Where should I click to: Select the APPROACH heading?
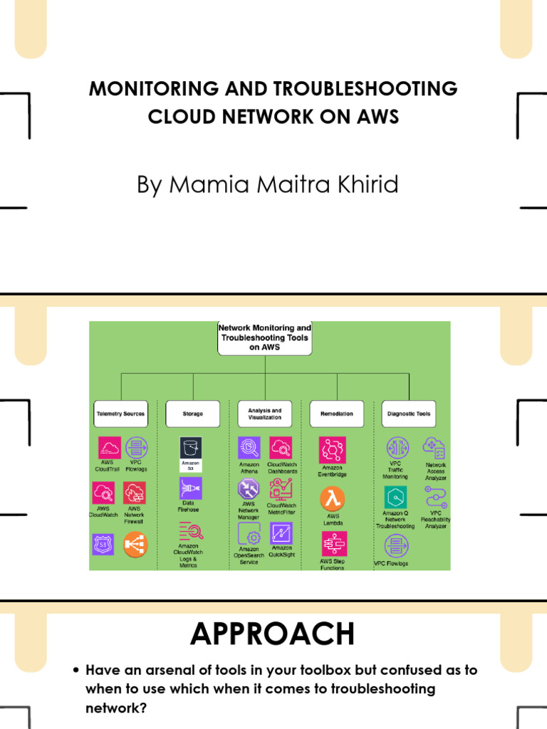(272, 634)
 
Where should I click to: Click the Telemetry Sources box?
(120, 414)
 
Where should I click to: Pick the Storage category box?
(192, 414)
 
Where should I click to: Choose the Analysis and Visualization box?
(264, 414)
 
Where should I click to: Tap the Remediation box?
(336, 414)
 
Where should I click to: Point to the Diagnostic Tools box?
(409, 414)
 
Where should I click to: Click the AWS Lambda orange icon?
(332, 498)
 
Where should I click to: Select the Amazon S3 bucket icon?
(191, 449)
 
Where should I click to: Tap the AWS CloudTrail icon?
(109, 448)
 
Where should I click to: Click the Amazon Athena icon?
(249, 448)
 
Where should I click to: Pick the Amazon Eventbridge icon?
(332, 450)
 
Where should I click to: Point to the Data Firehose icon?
(191, 489)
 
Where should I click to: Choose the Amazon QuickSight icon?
(281, 533)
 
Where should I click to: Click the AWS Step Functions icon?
(332, 544)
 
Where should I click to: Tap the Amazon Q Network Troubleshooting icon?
(396, 497)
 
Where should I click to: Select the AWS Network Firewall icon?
(135, 493)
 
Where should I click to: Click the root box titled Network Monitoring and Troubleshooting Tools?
(265, 337)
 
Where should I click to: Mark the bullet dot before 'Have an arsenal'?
(76, 671)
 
